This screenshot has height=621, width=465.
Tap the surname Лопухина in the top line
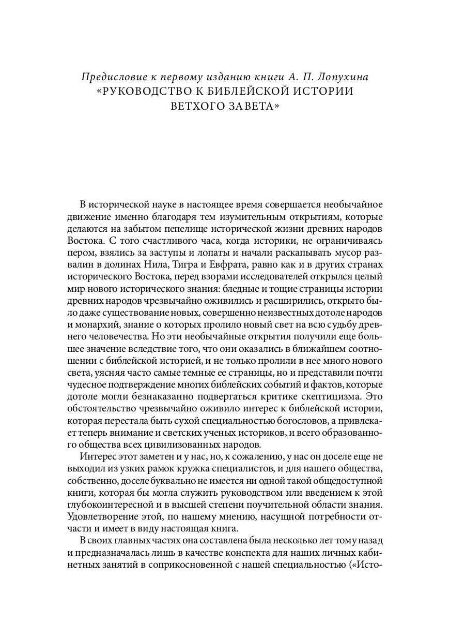(353, 77)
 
